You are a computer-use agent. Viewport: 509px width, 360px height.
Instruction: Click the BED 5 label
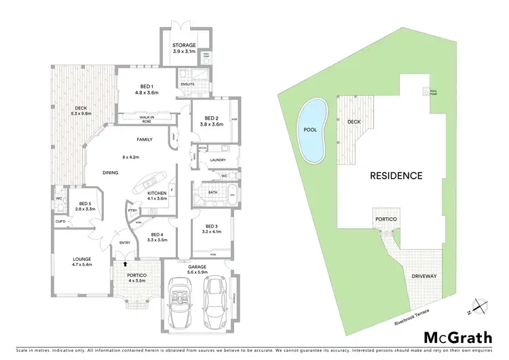pyautogui.click(x=85, y=204)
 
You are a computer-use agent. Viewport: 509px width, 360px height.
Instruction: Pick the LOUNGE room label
pyautogui.click(x=81, y=259)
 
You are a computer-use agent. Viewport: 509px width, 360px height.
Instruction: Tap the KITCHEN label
pyautogui.click(x=157, y=194)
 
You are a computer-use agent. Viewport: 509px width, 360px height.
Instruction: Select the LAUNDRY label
pyautogui.click(x=217, y=160)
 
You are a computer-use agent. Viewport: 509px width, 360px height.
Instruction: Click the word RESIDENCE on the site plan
pyautogui.click(x=396, y=175)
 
